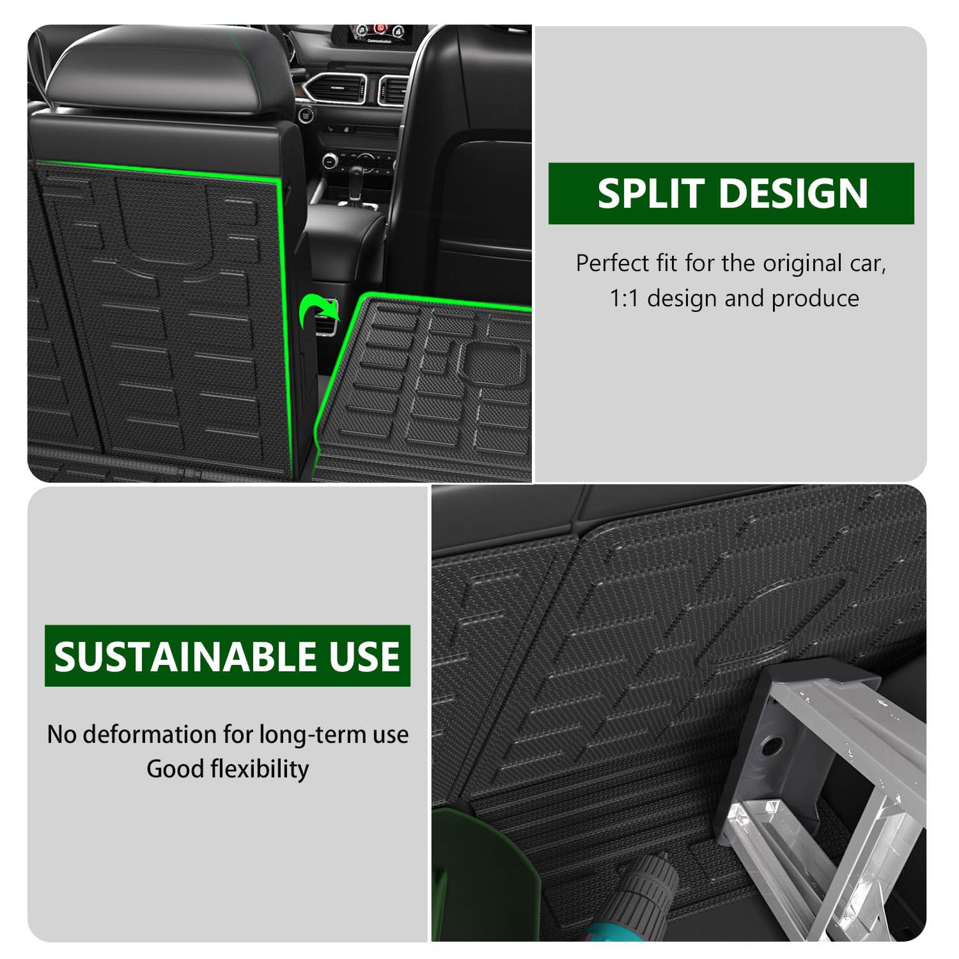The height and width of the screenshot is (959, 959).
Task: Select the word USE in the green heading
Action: pos(364,656)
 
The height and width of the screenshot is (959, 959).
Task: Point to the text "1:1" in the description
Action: pos(623,299)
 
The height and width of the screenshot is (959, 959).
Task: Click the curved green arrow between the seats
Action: pos(318,311)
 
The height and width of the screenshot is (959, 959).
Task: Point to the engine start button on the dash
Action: pos(305,114)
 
